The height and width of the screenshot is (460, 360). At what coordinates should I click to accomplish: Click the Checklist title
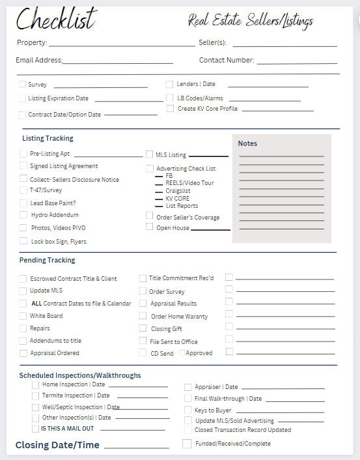[x=56, y=20]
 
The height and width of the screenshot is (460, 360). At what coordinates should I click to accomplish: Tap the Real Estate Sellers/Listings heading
[x=251, y=21]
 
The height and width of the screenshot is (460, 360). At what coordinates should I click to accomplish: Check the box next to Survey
[x=23, y=85]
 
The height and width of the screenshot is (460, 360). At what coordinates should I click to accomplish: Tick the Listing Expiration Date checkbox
[x=23, y=98]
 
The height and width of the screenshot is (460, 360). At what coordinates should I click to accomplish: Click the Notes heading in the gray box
[x=247, y=143]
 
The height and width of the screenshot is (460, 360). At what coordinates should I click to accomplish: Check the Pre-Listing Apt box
[x=23, y=154]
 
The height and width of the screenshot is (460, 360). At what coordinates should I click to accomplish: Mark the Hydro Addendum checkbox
[x=23, y=214]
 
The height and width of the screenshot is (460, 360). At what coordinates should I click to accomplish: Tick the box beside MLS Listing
[x=149, y=154]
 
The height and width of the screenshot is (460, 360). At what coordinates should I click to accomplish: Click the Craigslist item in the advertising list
[x=178, y=191]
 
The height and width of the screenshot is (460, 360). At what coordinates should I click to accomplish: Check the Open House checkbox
[x=149, y=227]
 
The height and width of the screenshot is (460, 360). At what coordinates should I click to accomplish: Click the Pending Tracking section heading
[x=47, y=260]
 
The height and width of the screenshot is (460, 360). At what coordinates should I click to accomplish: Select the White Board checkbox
[x=23, y=316]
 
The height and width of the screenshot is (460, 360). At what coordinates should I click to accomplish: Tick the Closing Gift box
[x=143, y=328]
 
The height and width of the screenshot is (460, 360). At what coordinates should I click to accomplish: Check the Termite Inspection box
[x=35, y=395]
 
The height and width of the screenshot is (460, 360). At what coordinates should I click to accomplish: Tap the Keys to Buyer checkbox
[x=187, y=410]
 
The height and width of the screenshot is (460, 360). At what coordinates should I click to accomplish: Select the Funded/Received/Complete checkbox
[x=187, y=444]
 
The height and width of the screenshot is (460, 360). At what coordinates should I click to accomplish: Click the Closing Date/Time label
[x=57, y=445]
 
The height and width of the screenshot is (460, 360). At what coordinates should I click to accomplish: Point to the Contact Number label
[x=227, y=60]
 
